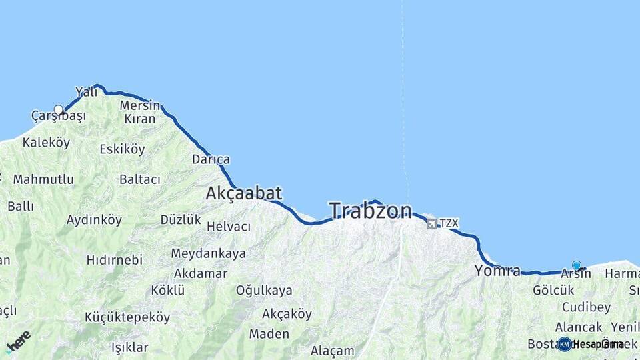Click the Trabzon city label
click(371, 211)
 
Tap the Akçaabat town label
click(243, 193)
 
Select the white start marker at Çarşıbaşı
click(59, 110)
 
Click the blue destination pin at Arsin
click(577, 265)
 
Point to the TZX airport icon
click(432, 223)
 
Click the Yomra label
click(497, 271)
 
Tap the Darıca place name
click(211, 159)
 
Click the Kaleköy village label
click(46, 143)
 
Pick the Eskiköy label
click(122, 149)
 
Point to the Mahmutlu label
click(43, 179)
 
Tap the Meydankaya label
click(208, 253)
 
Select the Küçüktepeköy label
click(127, 317)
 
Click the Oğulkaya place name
click(264, 290)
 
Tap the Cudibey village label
click(586, 307)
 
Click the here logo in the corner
click(18, 341)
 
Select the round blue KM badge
click(565, 344)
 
